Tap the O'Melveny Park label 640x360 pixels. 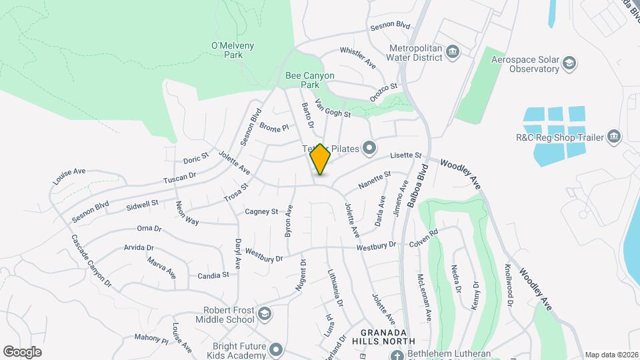pyautogui.click(x=227, y=50)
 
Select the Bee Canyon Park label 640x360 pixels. pyautogui.click(x=310, y=81)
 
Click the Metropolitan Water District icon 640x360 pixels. pyautogui.click(x=453, y=52)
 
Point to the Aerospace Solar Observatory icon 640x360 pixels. pyautogui.click(x=570, y=64)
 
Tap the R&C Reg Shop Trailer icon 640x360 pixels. pyautogui.click(x=614, y=137)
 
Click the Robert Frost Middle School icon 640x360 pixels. pyautogui.click(x=265, y=313)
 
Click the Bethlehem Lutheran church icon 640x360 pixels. pyautogui.click(x=398, y=354)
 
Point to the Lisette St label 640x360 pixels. pyautogui.click(x=406, y=155)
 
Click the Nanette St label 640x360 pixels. pyautogui.click(x=374, y=181)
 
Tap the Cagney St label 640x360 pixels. pyautogui.click(x=261, y=211)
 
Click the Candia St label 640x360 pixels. pyautogui.click(x=213, y=275)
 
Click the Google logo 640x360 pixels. pyautogui.click(x=22, y=352)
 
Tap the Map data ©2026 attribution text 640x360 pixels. pyautogui.click(x=611, y=355)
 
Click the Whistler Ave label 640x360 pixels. pyautogui.click(x=358, y=57)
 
